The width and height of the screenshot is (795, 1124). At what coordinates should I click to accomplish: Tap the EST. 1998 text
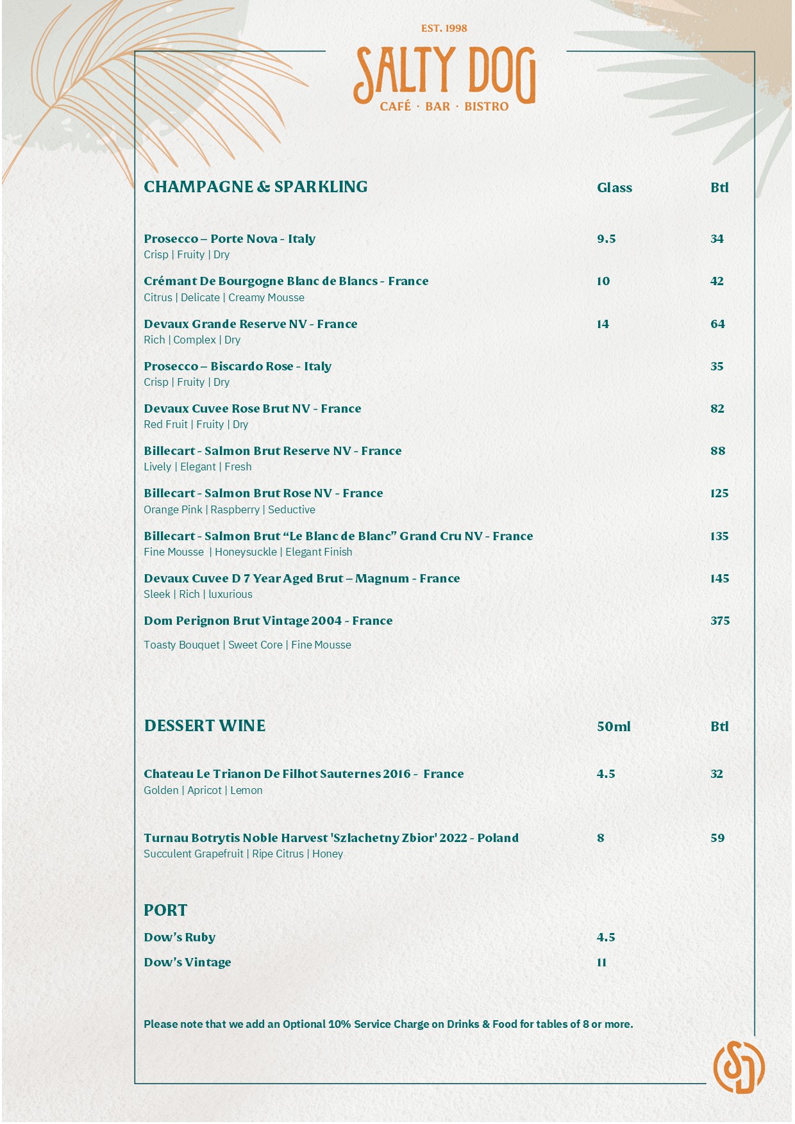(444, 28)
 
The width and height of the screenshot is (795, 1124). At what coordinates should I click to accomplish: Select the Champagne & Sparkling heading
(255, 187)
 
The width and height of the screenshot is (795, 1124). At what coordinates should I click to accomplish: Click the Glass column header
(614, 188)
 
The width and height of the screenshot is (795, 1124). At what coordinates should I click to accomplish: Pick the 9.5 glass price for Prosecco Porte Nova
(606, 239)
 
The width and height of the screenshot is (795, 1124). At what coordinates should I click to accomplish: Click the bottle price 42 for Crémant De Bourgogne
(717, 281)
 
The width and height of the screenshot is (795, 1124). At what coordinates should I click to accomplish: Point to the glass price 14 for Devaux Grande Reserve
(603, 324)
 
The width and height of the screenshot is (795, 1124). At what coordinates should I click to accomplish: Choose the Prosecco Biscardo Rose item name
(237, 367)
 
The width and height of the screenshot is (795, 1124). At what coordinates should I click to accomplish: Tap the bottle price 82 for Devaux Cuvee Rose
(717, 409)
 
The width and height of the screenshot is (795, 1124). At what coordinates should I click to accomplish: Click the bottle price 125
(719, 493)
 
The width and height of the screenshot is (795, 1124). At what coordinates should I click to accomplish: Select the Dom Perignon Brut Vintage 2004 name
(268, 621)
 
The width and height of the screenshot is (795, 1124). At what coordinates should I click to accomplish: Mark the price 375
(720, 621)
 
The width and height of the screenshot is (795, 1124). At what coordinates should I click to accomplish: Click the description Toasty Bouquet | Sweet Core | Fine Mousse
(247, 645)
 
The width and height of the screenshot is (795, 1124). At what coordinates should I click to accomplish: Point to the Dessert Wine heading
(205, 726)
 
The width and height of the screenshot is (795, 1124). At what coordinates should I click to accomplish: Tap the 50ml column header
(614, 727)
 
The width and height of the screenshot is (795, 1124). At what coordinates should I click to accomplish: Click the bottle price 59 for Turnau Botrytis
(717, 838)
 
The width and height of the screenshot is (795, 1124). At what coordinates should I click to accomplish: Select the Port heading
(165, 911)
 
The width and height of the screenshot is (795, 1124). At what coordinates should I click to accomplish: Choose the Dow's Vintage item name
(187, 963)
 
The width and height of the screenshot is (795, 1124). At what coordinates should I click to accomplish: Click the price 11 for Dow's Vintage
(601, 963)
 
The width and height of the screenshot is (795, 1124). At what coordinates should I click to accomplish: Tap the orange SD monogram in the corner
(739, 1067)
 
